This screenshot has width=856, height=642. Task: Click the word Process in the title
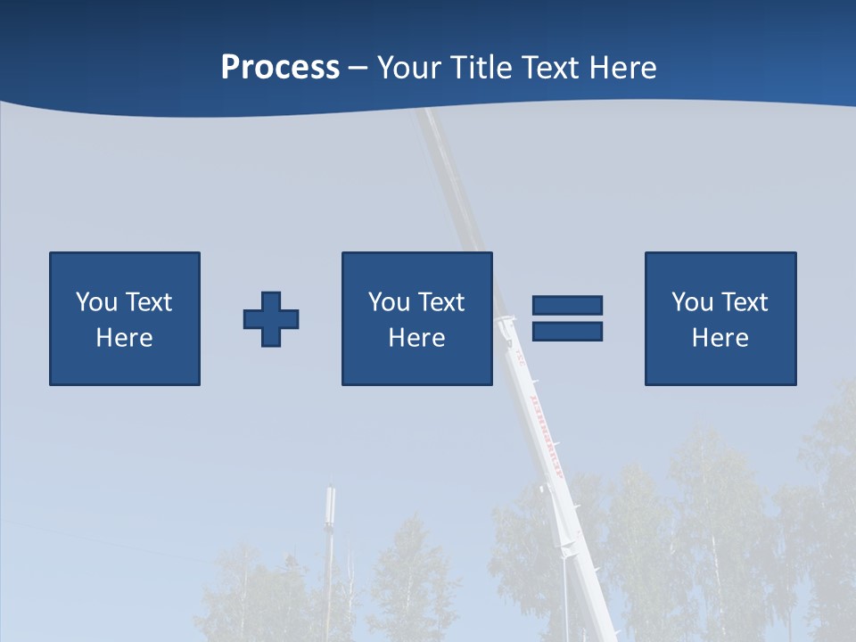280,68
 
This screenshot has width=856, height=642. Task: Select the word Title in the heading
481,68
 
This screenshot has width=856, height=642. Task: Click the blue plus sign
271,319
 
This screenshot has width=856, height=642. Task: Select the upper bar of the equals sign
568,305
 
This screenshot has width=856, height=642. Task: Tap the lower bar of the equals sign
568,331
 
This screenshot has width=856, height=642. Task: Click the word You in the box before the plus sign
96,302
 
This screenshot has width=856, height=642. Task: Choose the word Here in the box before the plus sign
124,338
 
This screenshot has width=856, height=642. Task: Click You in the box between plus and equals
389,302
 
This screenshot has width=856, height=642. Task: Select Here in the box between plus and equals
416,338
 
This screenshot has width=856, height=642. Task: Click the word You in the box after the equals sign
692,302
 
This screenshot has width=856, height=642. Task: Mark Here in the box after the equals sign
720,338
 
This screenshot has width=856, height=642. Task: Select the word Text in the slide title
545,68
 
